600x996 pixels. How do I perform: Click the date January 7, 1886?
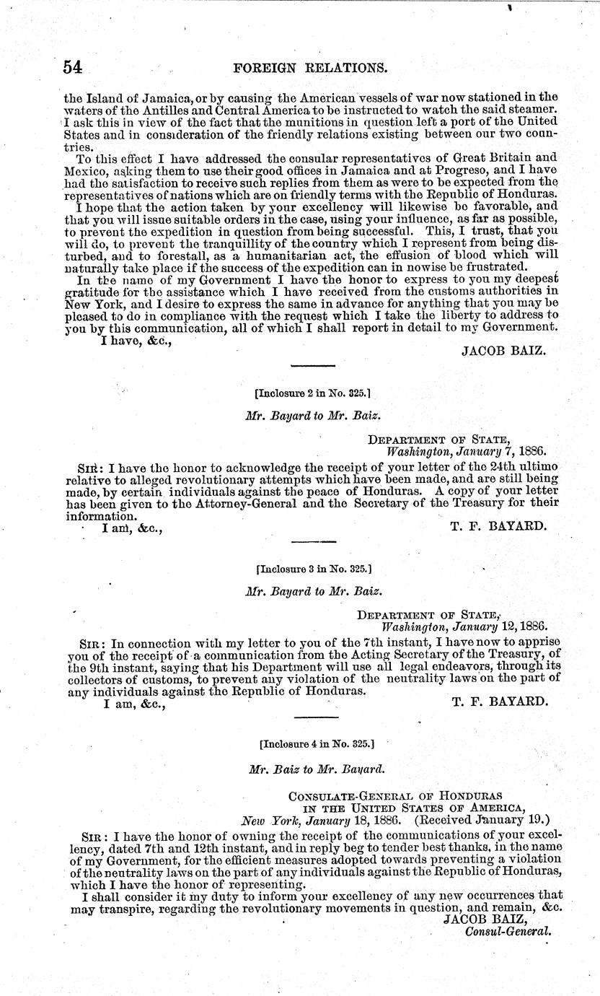tap(504, 448)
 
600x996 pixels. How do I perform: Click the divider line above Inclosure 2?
tap(312, 367)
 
